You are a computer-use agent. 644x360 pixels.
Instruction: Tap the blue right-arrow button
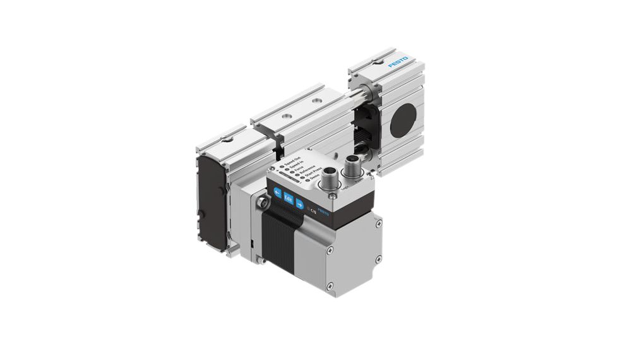pyautogui.click(x=301, y=204)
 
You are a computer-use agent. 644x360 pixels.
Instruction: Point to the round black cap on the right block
pyautogui.click(x=403, y=119)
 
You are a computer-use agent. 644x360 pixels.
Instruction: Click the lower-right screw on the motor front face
pyautogui.click(x=378, y=260)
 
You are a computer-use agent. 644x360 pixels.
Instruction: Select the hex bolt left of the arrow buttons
pyautogui.click(x=261, y=203)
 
